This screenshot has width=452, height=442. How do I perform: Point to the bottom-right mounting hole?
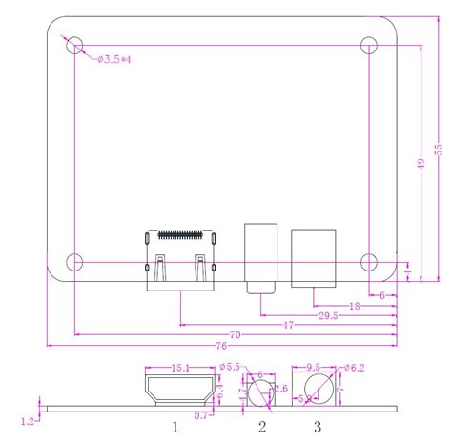click(x=370, y=260)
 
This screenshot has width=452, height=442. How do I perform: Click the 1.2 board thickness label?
click(x=29, y=417)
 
